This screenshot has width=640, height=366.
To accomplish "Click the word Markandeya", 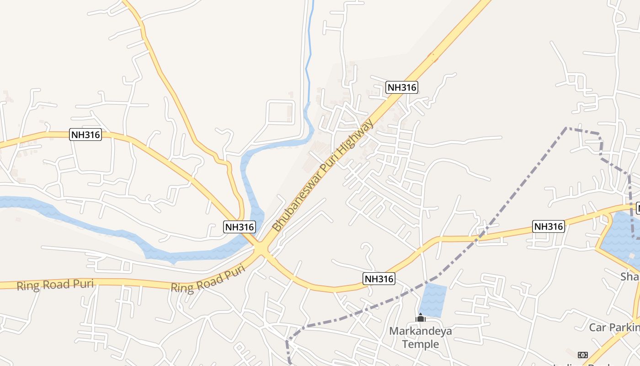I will tap(420, 331).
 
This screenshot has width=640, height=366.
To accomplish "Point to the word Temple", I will tap(420, 344).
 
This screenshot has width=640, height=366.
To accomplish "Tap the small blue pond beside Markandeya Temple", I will tap(433, 299).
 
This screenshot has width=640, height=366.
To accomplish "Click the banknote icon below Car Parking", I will tap(582, 355).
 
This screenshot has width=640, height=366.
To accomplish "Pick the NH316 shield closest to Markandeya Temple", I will tap(379, 279).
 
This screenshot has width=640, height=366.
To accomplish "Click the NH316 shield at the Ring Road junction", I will tap(239, 226).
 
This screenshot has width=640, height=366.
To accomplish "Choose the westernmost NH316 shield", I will tap(85, 135).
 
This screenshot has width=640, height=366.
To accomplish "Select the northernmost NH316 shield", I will tap(402, 87).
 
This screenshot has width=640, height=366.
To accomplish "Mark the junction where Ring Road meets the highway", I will tap(261, 248).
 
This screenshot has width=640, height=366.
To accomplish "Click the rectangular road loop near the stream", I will tap(280, 112).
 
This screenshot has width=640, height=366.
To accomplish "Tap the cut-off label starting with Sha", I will tap(629, 277).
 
